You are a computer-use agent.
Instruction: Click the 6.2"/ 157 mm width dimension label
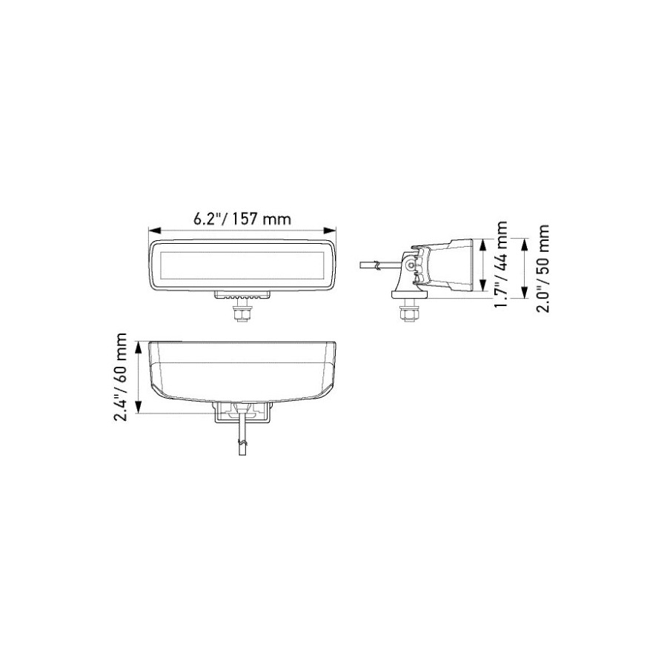click(242, 219)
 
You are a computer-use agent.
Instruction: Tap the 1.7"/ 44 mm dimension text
click(501, 265)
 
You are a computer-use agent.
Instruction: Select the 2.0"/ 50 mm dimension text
click(542, 268)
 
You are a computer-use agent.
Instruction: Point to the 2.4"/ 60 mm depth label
click(120, 377)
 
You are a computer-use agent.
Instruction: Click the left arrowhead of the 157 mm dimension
click(154, 230)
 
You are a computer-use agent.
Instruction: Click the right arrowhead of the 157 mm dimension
click(330, 230)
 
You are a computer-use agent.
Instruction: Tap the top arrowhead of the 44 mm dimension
click(482, 245)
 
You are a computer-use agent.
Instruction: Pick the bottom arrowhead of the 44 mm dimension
click(482, 285)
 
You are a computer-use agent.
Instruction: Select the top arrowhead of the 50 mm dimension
click(524, 245)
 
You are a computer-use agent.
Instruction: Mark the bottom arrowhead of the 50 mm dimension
click(524, 293)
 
